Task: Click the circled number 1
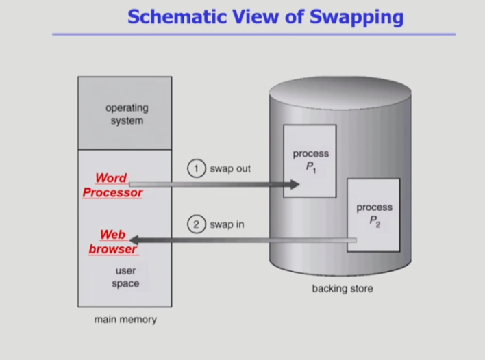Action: pos(197,168)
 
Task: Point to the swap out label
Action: pos(230,168)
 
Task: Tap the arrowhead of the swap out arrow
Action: pos(295,184)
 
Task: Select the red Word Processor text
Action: pos(112,185)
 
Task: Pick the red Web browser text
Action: pos(112,242)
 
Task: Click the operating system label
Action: pos(126,114)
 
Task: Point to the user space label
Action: pos(125,277)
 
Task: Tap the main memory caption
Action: pos(125,320)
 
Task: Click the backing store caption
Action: pos(343,289)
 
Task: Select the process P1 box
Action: pos(310,162)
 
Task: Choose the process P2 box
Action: pos(373,214)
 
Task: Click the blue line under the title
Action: pos(253,34)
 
